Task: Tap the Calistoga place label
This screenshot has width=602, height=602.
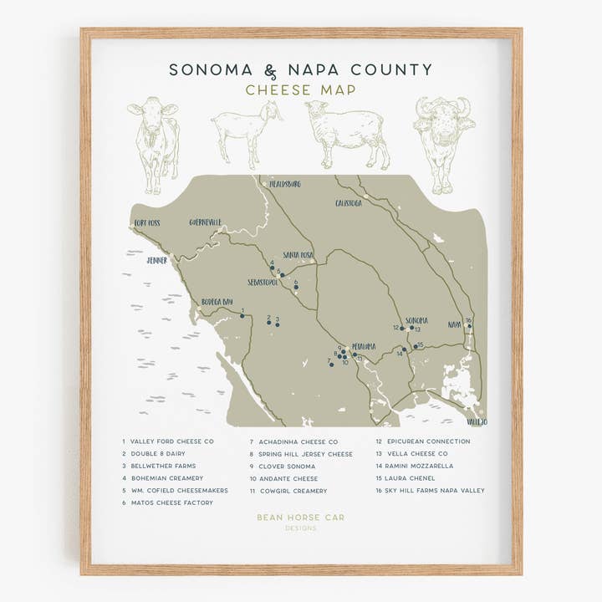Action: click(349, 203)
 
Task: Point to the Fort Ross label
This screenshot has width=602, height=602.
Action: click(147, 223)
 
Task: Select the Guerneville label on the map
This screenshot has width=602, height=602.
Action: click(206, 222)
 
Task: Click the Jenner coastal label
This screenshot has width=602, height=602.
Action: click(157, 260)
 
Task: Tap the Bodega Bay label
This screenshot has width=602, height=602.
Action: click(217, 302)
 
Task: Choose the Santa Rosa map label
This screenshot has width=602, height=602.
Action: click(298, 255)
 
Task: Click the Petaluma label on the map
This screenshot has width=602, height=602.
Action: click(364, 346)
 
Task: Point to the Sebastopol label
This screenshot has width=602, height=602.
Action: click(263, 283)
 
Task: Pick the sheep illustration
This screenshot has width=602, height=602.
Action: click(347, 132)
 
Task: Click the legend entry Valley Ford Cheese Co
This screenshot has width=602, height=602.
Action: click(172, 441)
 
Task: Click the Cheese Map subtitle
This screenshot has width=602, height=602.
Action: click(300, 90)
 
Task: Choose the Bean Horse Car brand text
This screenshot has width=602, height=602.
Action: click(300, 518)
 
